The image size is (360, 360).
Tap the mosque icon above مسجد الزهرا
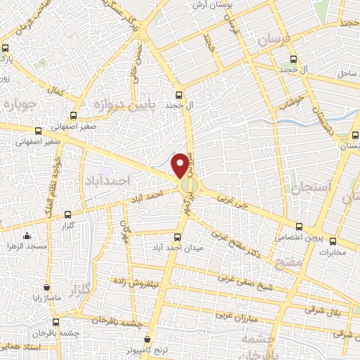pyautogui.click(x=27, y=236)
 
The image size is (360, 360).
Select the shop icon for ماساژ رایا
pyautogui.click(x=46, y=287)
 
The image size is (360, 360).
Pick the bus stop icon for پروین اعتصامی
pyautogui.click(x=300, y=226)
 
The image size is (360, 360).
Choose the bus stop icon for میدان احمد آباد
pyautogui.click(x=177, y=237)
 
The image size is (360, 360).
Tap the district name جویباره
pyautogui.click(x=19, y=105)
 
